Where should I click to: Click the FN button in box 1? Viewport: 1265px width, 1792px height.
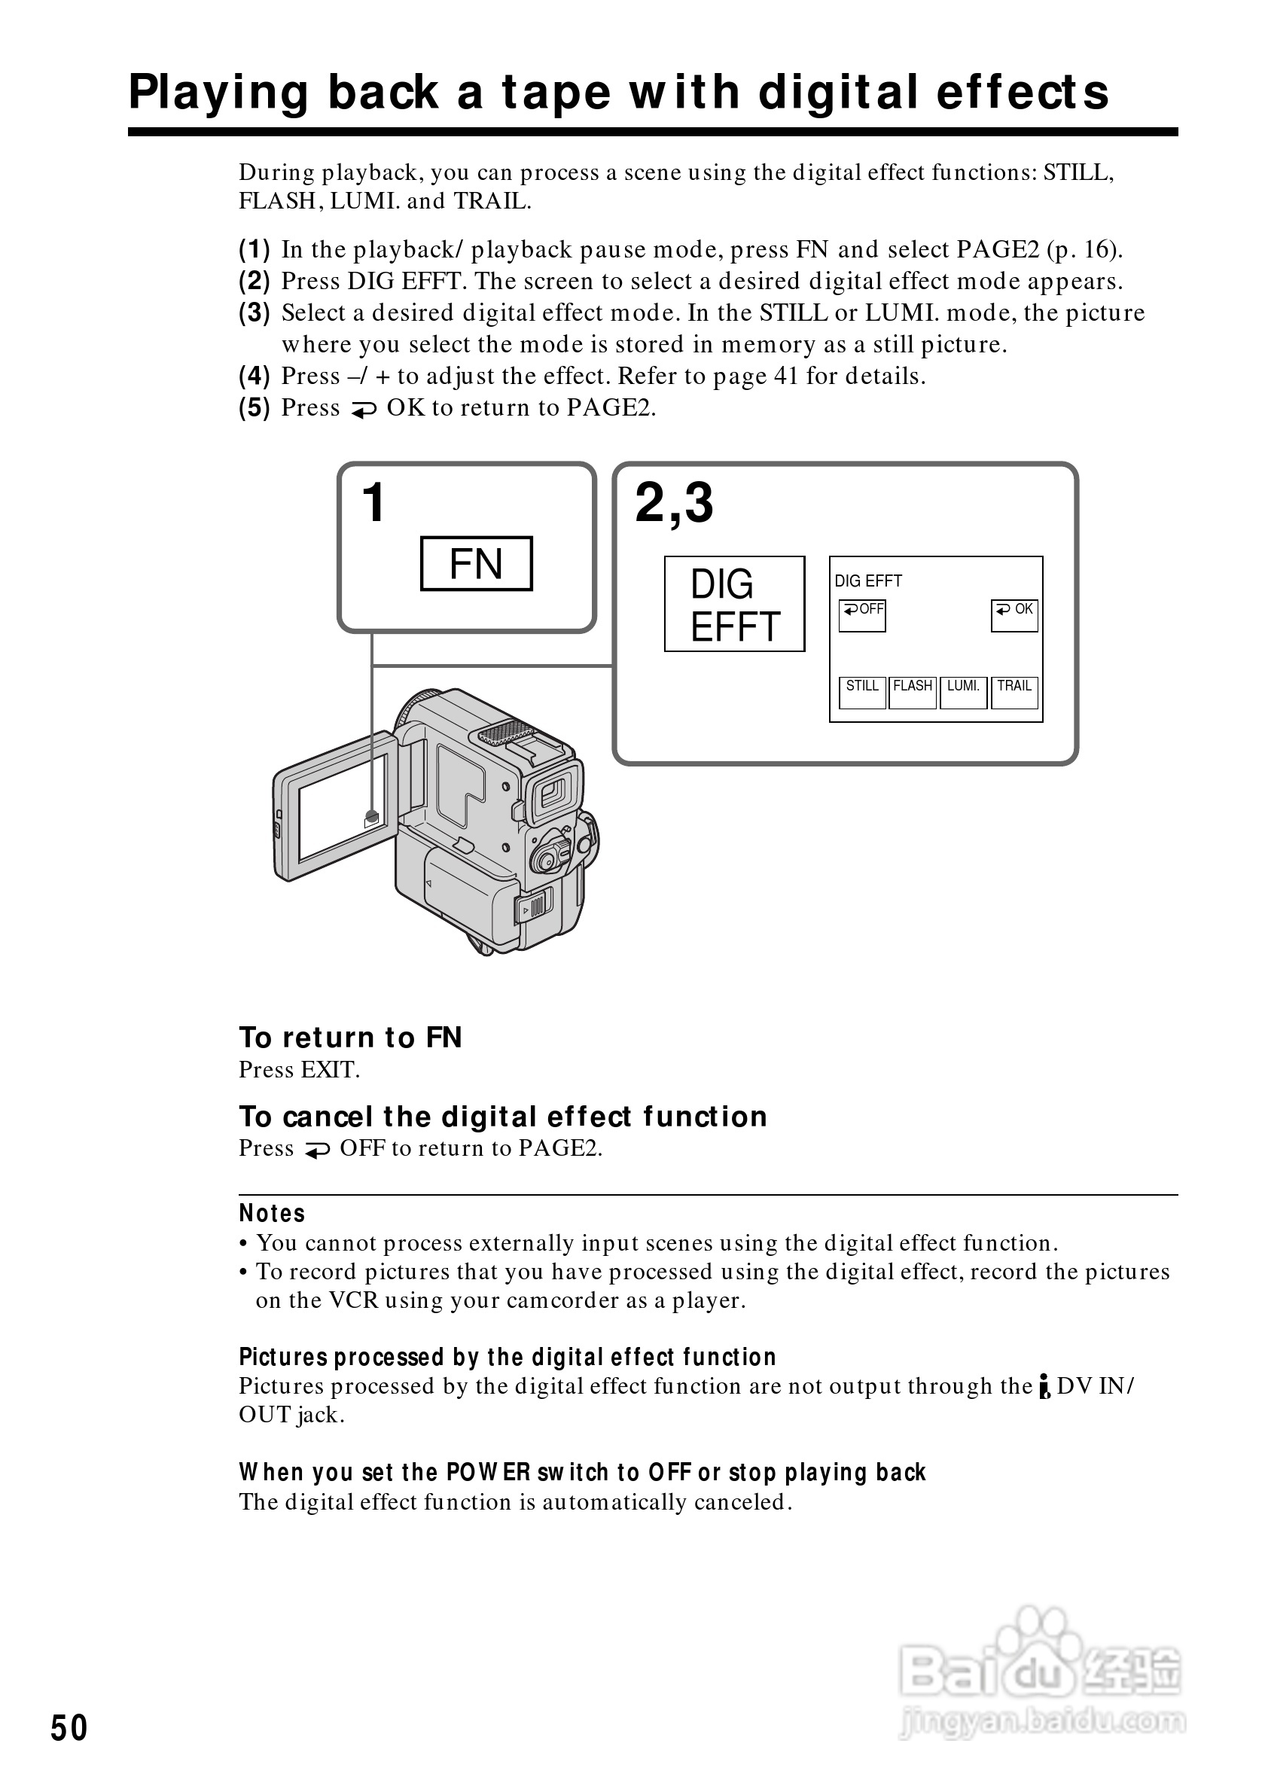476,563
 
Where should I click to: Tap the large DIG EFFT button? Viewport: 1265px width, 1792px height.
733,604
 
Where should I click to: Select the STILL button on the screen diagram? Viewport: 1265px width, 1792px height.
862,692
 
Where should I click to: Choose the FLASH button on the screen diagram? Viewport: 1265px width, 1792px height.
913,692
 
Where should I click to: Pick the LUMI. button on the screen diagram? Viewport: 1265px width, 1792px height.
963,692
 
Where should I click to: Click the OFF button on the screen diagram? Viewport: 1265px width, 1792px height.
862,615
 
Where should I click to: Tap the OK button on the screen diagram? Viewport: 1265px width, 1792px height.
1014,615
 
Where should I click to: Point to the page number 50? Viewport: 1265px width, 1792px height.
69,1728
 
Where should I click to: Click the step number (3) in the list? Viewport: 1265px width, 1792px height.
255,313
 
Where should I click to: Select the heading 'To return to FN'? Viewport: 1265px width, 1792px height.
350,1038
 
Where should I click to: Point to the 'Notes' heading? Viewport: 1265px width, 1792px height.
272,1214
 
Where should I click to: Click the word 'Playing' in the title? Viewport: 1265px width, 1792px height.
218,92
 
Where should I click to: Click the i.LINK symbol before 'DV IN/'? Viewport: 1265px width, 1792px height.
1044,1387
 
